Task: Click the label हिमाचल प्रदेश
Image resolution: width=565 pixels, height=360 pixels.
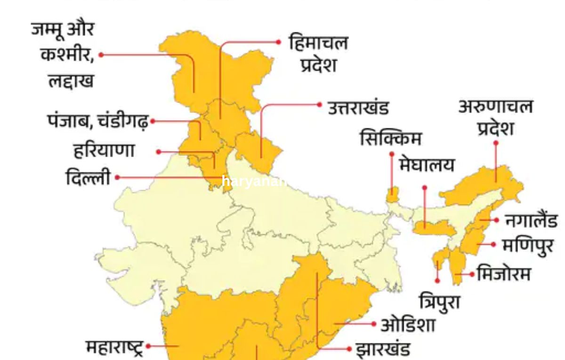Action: (319, 54)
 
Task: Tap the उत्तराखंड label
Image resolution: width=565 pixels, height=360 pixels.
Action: (358, 108)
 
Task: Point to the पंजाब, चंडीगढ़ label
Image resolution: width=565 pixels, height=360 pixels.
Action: (98, 121)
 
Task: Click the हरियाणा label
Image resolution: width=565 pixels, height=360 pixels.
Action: (104, 151)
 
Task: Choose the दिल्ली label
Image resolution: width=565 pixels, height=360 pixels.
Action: (88, 178)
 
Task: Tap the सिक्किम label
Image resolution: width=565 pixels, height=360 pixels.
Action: (390, 139)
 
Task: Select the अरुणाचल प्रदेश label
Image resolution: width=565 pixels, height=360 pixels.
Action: (495, 118)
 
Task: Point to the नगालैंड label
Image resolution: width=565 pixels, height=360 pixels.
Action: (531, 220)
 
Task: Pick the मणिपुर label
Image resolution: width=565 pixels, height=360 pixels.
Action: (527, 245)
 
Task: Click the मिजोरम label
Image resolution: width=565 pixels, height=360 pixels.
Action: (503, 273)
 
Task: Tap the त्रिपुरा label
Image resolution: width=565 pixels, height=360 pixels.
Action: (439, 301)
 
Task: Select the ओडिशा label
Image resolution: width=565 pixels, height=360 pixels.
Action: (408, 325)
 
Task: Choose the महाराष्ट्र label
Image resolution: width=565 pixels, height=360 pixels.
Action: (114, 347)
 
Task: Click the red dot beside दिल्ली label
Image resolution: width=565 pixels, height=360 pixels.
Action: (117, 177)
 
